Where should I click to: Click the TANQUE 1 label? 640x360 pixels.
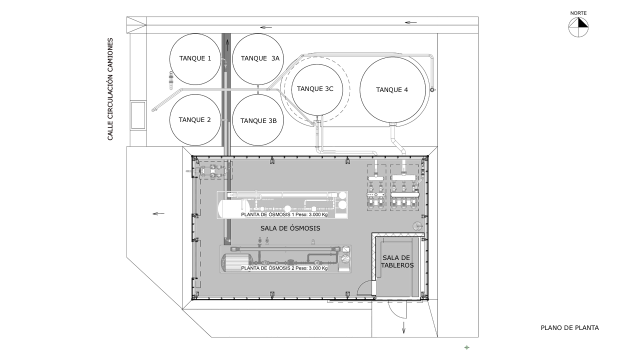pos(195,58)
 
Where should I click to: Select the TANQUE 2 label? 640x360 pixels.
pos(195,119)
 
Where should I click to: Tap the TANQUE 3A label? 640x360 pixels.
pos(260,58)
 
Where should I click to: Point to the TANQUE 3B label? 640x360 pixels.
pos(258,121)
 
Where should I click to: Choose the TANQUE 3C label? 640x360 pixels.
pos(315,89)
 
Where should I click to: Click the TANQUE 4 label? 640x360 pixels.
pos(392,89)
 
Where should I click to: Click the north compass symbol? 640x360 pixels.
pos(578,27)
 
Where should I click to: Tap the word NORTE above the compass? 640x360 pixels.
pos(578,13)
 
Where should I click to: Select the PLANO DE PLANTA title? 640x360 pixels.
pos(569,327)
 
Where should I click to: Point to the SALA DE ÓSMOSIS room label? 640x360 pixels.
pos(290,228)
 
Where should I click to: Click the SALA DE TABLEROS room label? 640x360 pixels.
pos(397,261)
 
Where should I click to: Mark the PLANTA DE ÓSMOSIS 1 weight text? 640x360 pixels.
pos(284,214)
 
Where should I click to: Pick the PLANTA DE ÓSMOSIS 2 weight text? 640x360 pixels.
pos(284,268)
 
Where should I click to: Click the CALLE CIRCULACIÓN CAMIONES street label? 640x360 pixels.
pos(110,89)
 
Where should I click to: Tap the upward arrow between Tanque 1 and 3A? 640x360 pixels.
pos(227,45)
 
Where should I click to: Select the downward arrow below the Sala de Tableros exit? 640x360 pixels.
pos(403,327)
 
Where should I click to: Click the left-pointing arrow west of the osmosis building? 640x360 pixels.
pos(158,213)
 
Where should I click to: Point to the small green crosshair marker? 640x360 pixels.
pos(467,347)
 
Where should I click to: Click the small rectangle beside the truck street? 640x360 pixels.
pos(138,115)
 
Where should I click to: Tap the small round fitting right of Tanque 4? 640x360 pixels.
pos(432,89)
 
